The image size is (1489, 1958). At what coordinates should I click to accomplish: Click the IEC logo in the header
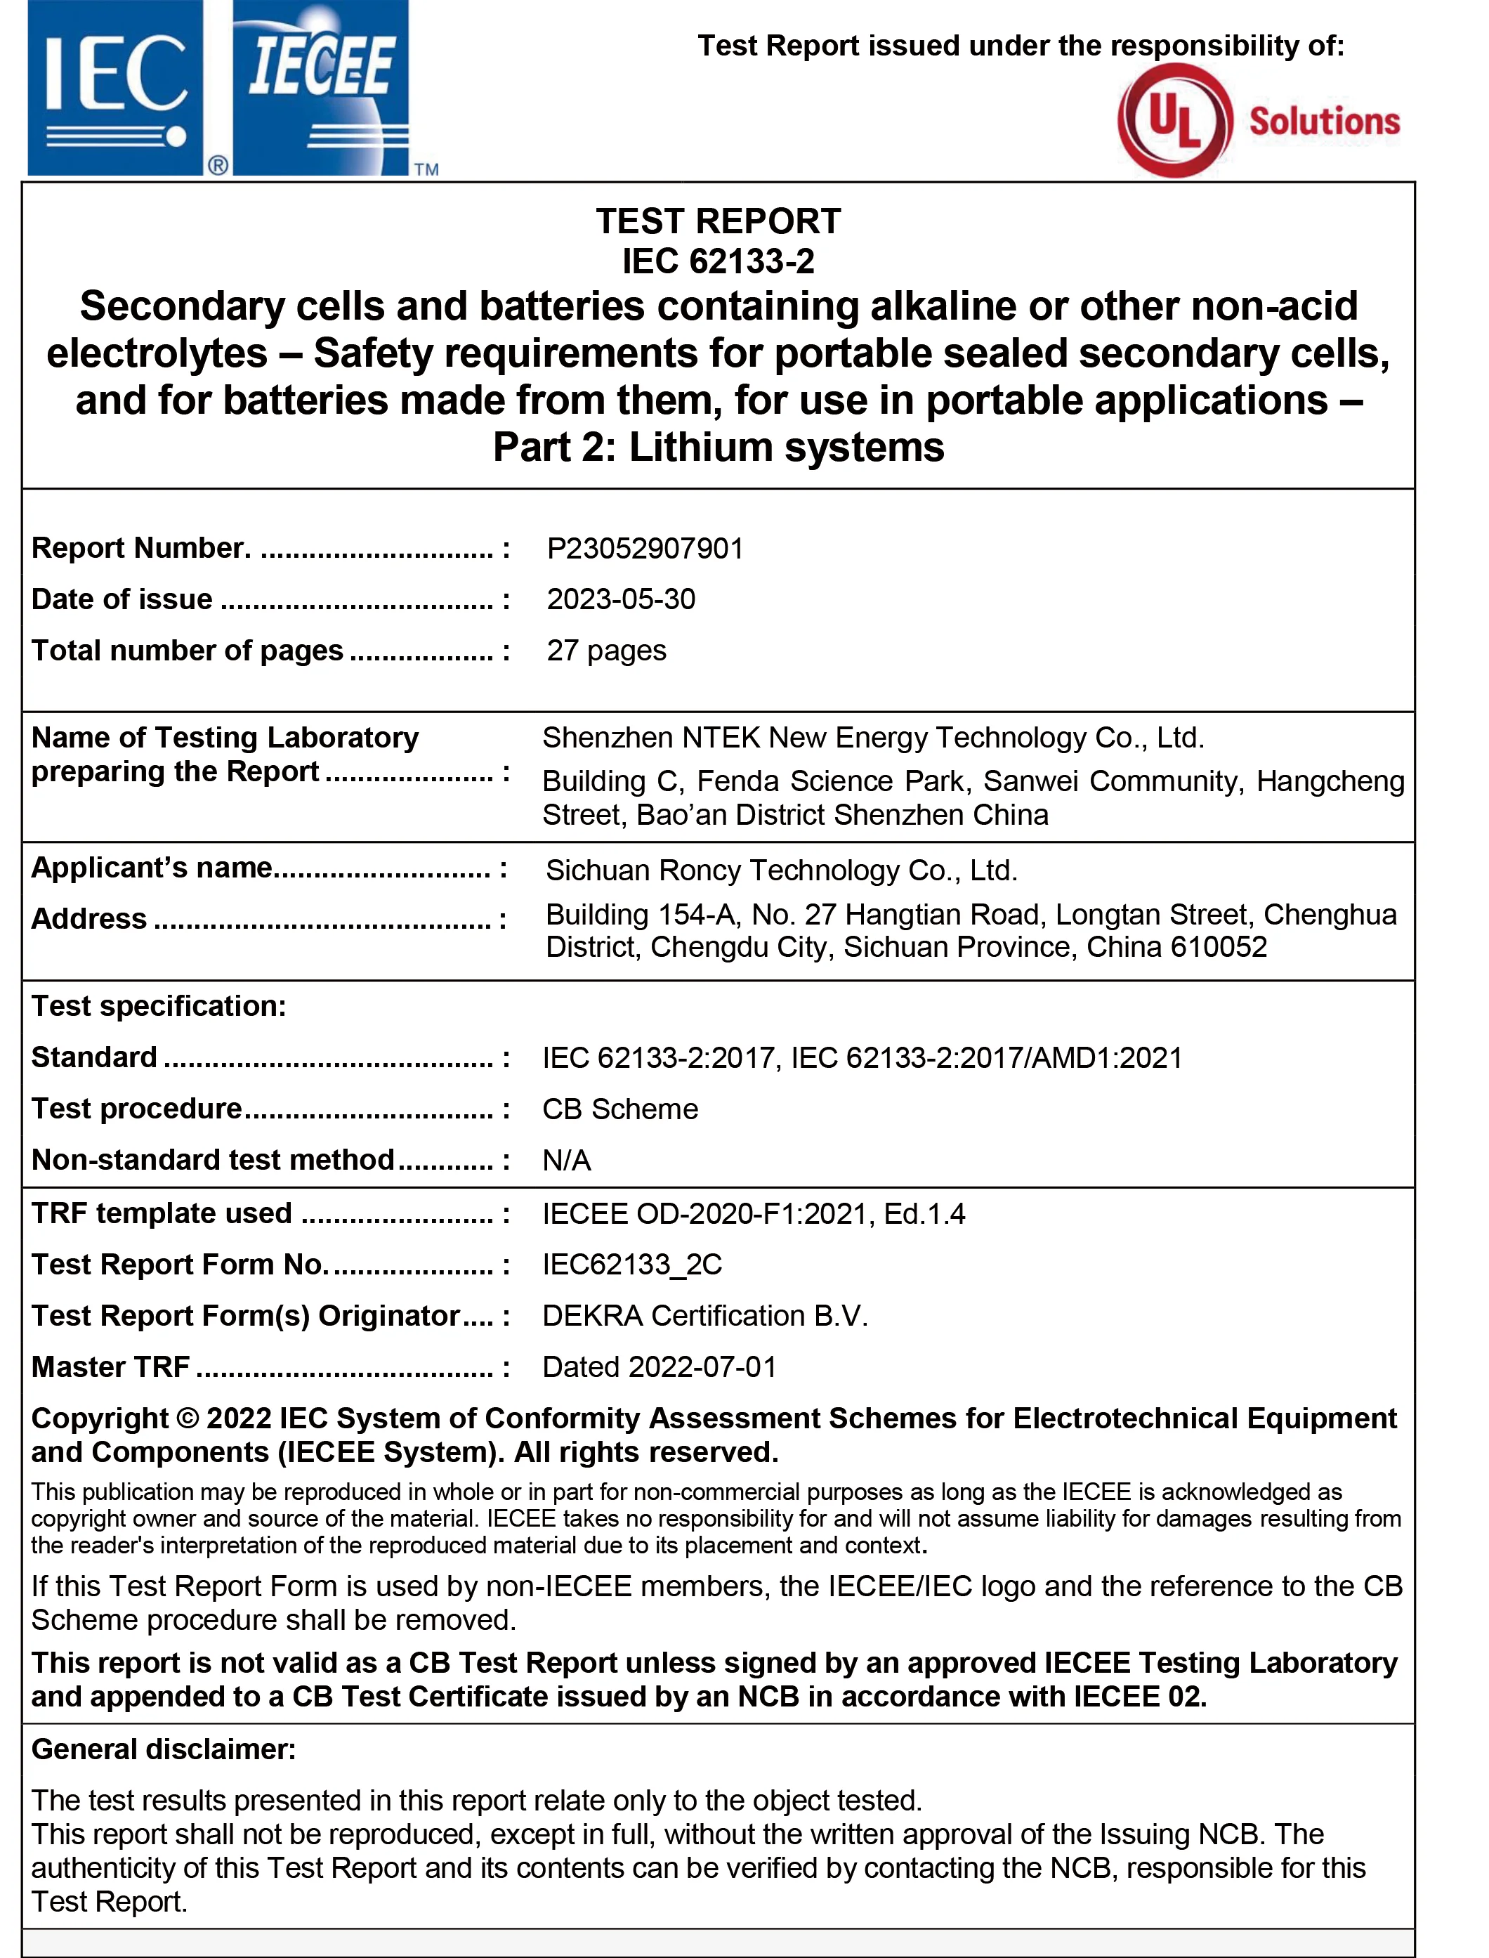coord(115,89)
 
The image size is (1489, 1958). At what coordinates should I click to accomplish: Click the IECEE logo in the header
coord(321,89)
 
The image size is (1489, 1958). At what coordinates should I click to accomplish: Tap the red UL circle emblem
coord(1175,121)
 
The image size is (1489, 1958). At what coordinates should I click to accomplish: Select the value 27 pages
coord(606,651)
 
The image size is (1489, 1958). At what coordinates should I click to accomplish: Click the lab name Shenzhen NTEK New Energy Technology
coord(873,738)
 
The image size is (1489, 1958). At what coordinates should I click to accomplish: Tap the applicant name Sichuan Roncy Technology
coord(781,870)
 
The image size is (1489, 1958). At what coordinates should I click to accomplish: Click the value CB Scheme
coord(619,1109)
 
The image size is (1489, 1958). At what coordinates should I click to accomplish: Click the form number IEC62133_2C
coord(632,1264)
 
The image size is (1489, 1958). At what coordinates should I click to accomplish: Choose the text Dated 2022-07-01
coord(659,1366)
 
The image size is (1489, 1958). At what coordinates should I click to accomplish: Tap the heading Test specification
coord(159,1006)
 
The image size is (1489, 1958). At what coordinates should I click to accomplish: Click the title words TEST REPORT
coord(718,221)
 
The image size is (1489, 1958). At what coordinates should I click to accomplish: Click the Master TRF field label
coord(111,1366)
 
